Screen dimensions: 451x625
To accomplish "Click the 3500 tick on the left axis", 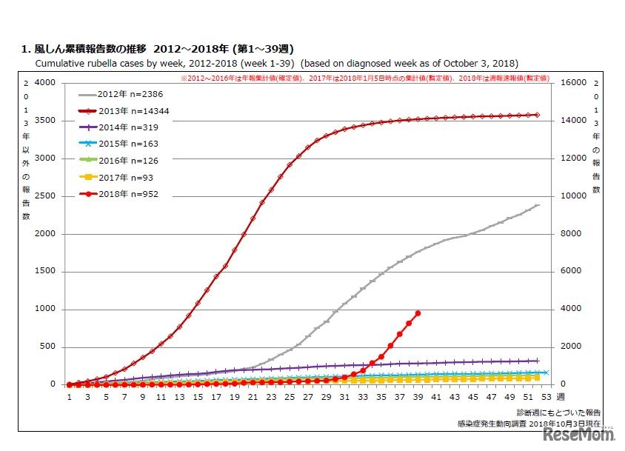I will click(x=45, y=120).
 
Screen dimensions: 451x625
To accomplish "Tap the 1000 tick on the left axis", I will click(x=45, y=309).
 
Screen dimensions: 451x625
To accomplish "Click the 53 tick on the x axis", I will click(x=546, y=397).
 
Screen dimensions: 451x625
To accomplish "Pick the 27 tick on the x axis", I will click(x=307, y=397).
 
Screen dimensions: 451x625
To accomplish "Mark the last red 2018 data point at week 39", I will click(x=418, y=313).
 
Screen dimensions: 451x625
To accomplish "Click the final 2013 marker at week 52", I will click(x=537, y=115).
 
